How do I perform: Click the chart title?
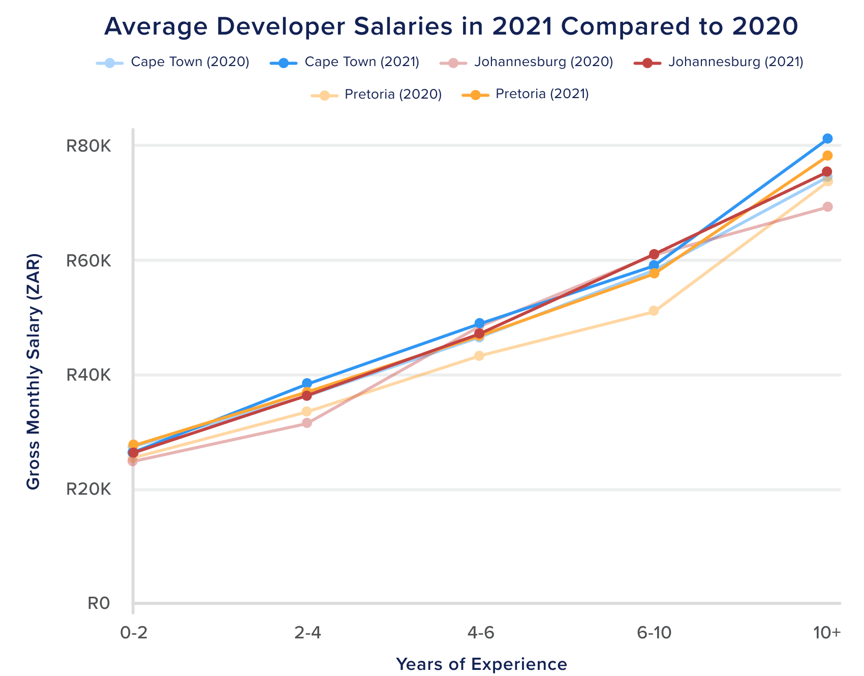pos(451,27)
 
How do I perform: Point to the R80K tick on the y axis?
pos(88,146)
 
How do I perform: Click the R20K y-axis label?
pos(88,489)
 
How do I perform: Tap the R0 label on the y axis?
pos(99,603)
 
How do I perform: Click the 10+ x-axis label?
pos(827,633)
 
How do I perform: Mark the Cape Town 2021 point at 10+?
pos(827,138)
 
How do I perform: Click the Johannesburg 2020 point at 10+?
pos(827,207)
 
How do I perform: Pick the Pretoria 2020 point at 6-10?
pos(654,311)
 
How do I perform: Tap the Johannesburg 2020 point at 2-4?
pos(306,423)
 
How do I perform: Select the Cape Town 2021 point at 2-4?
pos(306,383)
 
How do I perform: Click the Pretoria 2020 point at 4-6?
pos(479,356)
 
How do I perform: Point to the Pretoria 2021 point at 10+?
pos(827,156)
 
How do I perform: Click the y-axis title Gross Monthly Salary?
pos(34,372)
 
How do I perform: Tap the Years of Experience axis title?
pos(481,664)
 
